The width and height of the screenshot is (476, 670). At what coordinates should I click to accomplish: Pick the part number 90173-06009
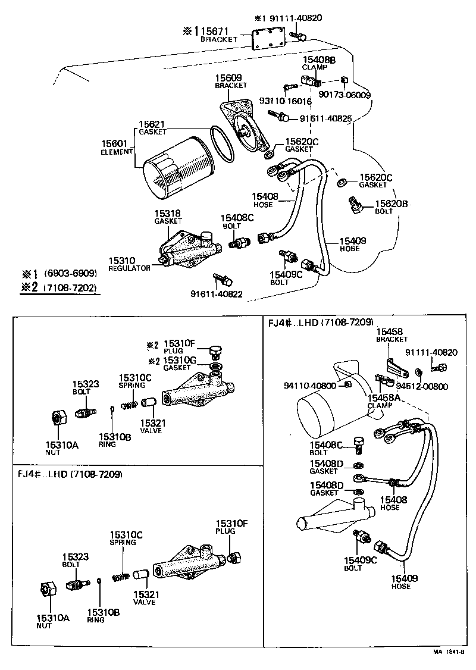click(345, 95)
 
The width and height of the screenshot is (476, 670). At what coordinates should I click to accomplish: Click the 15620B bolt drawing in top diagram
click(355, 205)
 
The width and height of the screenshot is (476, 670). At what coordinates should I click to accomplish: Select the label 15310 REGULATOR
click(130, 264)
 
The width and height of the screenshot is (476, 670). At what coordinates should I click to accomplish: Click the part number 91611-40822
click(216, 294)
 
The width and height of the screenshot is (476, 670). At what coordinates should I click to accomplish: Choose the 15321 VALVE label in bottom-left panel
click(144, 597)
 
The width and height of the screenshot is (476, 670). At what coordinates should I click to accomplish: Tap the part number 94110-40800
click(309, 386)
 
